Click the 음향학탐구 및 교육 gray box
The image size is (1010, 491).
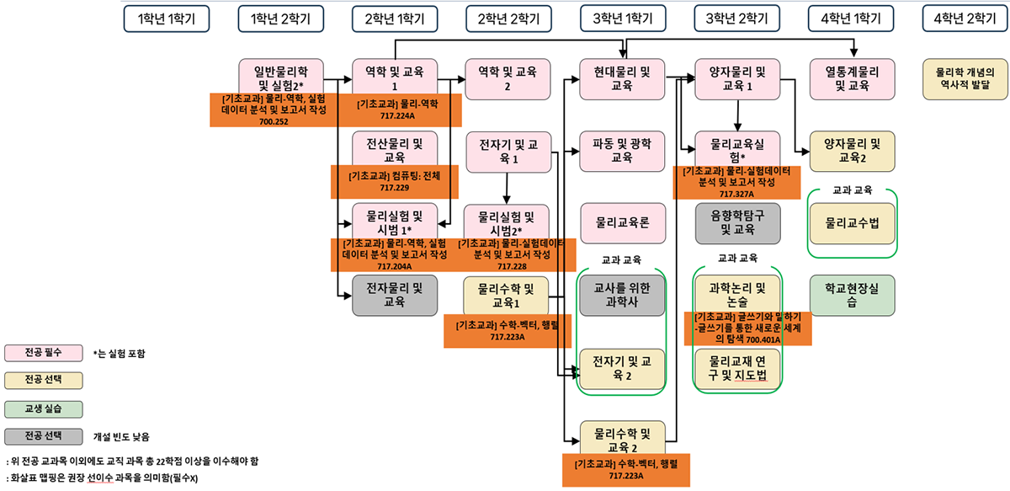tap(737, 222)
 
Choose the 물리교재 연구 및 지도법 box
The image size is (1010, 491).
tap(737, 368)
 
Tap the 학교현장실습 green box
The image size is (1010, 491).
tap(852, 295)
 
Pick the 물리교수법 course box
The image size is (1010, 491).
tap(852, 223)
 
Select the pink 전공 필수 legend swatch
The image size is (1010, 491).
tap(44, 352)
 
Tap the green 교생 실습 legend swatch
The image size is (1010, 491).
tap(44, 408)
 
